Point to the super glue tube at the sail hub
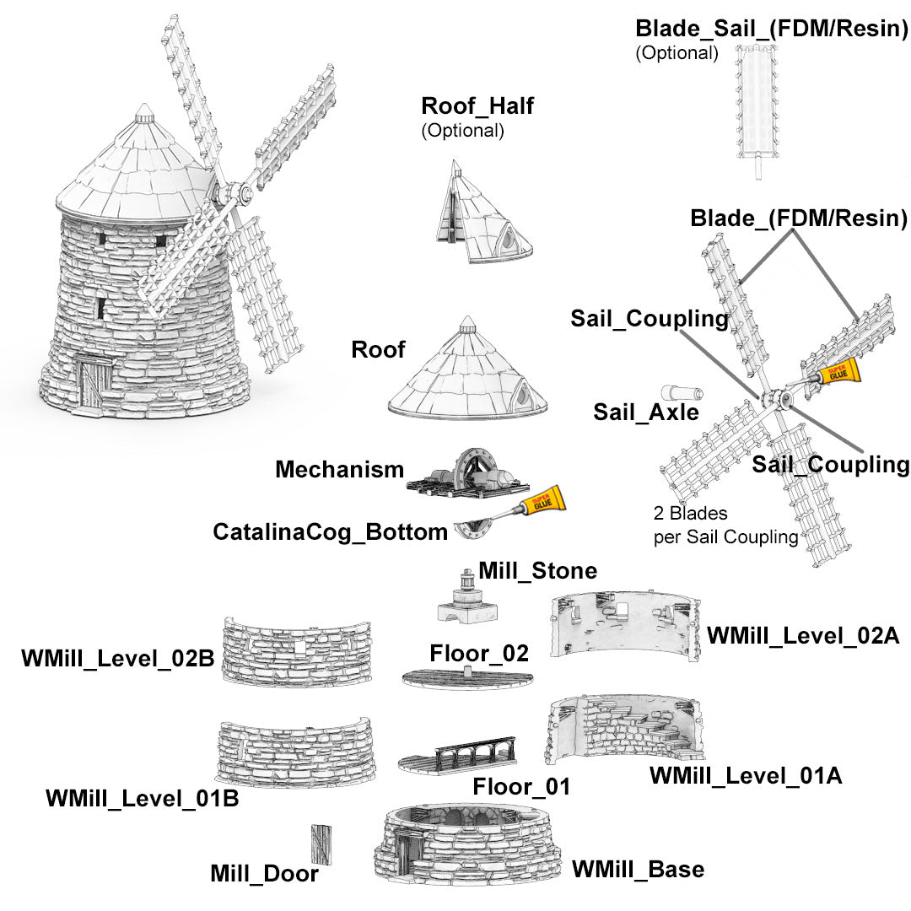[835, 371]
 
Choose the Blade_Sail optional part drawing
[757, 105]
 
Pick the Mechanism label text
[339, 470]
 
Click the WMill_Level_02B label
[117, 659]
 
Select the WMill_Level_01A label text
[746, 775]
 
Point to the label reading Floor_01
[521, 787]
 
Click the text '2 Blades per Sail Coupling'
[725, 525]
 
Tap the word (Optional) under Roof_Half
[462, 131]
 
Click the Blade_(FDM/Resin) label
[798, 218]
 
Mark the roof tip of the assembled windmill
[145, 110]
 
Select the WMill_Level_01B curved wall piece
[295, 752]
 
